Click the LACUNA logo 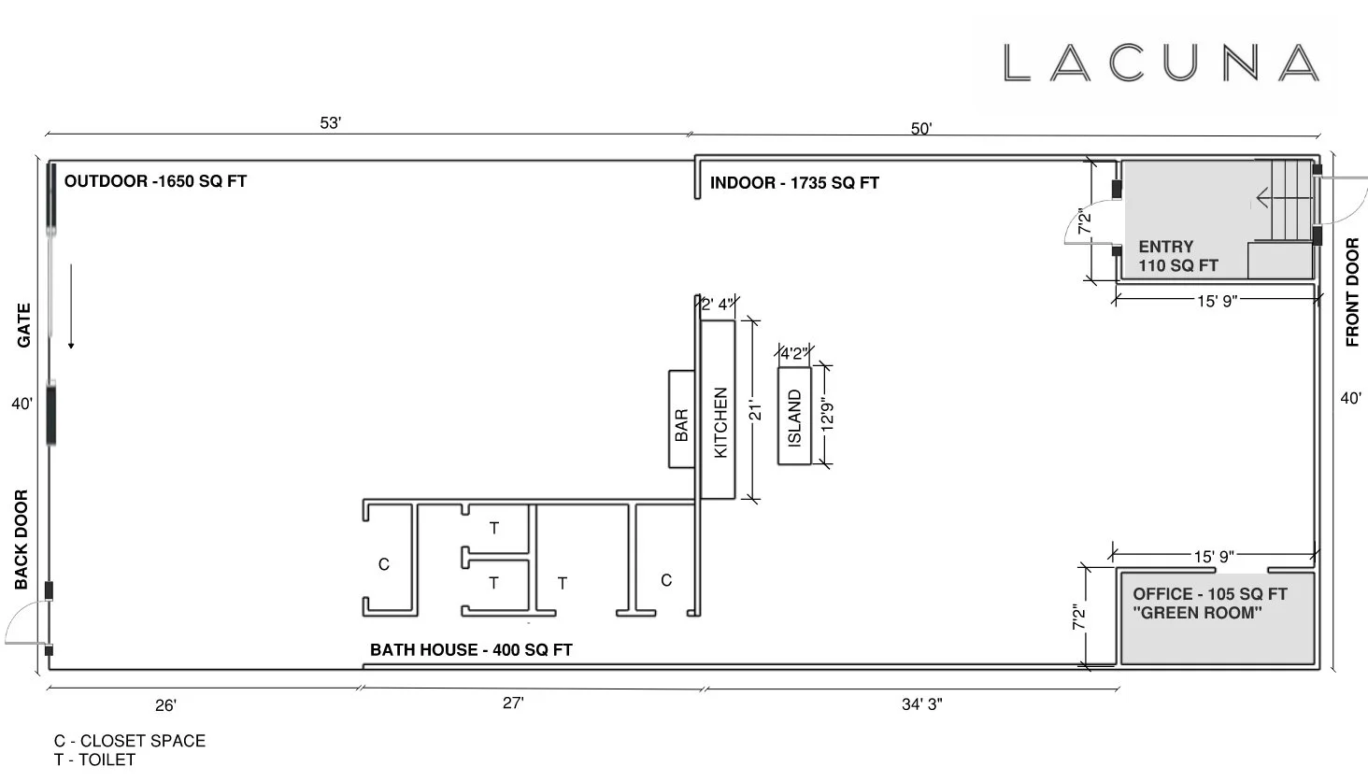(x=1161, y=63)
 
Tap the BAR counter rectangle (x=681, y=419)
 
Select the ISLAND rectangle (x=794, y=415)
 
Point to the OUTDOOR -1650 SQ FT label (x=155, y=181)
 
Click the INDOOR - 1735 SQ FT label (x=794, y=183)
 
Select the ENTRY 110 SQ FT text (x=1177, y=256)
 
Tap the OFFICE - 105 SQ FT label (x=1209, y=594)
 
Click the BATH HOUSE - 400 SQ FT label (x=471, y=650)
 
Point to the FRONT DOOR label (x=1352, y=293)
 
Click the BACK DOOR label (x=21, y=540)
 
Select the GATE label (x=23, y=325)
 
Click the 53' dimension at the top (x=331, y=123)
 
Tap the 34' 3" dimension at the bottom (x=921, y=704)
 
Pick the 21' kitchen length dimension (x=757, y=410)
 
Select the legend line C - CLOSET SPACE (x=129, y=741)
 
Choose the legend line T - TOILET (x=94, y=760)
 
